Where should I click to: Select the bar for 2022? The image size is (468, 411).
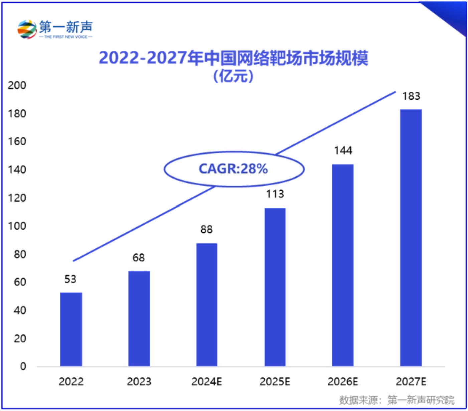[x=71, y=329]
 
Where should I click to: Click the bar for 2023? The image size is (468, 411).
[x=139, y=318]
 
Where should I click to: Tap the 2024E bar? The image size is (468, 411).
[x=207, y=304]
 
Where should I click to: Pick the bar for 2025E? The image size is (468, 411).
[x=275, y=287]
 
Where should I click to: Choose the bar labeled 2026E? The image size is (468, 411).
[x=343, y=265]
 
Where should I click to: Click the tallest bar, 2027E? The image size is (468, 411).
[x=411, y=238]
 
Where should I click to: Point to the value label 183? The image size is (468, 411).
[x=411, y=96]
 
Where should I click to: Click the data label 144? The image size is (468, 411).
[x=343, y=151]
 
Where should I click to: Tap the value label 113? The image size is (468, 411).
[x=275, y=194]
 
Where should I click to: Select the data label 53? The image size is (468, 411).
[x=70, y=279]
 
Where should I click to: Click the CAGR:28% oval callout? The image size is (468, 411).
[x=233, y=169]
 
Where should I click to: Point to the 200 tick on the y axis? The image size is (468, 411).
[x=17, y=85]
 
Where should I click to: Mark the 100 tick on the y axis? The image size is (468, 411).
[x=17, y=226]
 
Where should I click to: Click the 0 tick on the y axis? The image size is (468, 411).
[x=23, y=366]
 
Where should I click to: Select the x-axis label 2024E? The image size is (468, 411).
[x=207, y=381]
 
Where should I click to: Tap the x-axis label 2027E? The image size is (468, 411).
[x=411, y=381]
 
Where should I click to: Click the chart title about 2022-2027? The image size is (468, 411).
[x=233, y=58]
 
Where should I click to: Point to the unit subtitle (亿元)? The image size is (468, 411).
[x=233, y=76]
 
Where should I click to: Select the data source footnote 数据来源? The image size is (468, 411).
[x=397, y=400]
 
